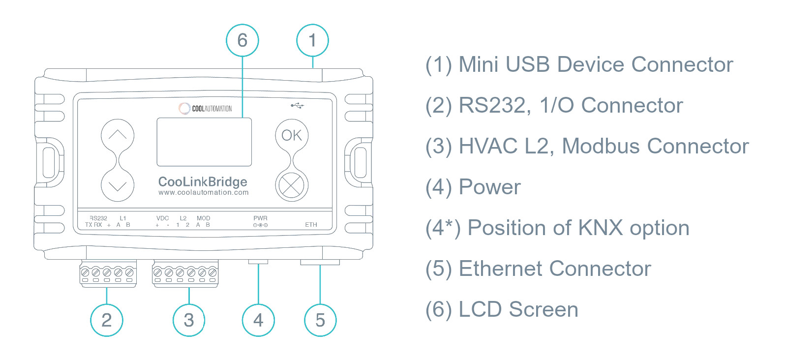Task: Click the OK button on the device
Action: (292, 135)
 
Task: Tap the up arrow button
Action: (118, 135)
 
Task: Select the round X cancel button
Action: (292, 185)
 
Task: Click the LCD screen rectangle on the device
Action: (204, 142)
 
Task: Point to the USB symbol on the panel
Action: (297, 105)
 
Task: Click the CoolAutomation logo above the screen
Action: (205, 108)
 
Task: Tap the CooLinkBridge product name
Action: (203, 181)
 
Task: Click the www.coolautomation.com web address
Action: (204, 193)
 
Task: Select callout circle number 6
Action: (242, 40)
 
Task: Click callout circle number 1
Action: (312, 40)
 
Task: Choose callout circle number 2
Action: (107, 320)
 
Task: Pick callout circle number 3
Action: (189, 320)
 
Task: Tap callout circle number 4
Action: (258, 320)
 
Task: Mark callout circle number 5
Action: (320, 320)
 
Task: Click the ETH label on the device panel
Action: (311, 225)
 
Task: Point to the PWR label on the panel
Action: (260, 218)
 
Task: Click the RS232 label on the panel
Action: (98, 218)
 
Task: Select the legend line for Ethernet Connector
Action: (538, 269)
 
